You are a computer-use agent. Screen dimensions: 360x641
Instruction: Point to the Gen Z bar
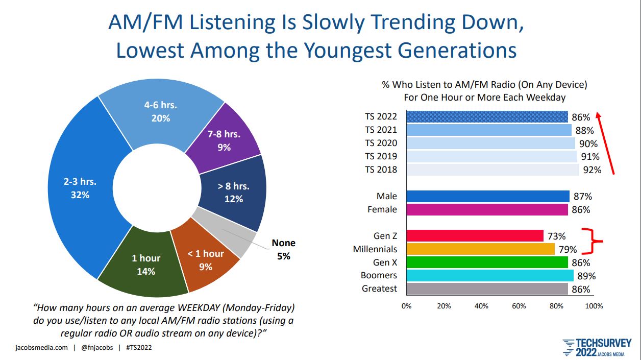475,236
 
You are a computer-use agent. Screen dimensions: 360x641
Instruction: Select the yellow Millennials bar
480,249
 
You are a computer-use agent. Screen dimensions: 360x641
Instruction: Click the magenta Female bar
487,209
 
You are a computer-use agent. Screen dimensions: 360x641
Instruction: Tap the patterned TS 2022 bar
487,116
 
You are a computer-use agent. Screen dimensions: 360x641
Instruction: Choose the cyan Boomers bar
489,276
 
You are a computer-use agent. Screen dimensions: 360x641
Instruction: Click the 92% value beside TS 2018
592,170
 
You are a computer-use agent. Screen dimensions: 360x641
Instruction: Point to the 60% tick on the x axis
519,306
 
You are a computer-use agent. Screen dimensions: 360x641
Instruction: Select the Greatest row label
379,289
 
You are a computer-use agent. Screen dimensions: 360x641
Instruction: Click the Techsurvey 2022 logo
597,347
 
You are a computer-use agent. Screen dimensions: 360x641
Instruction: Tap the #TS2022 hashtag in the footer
138,348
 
